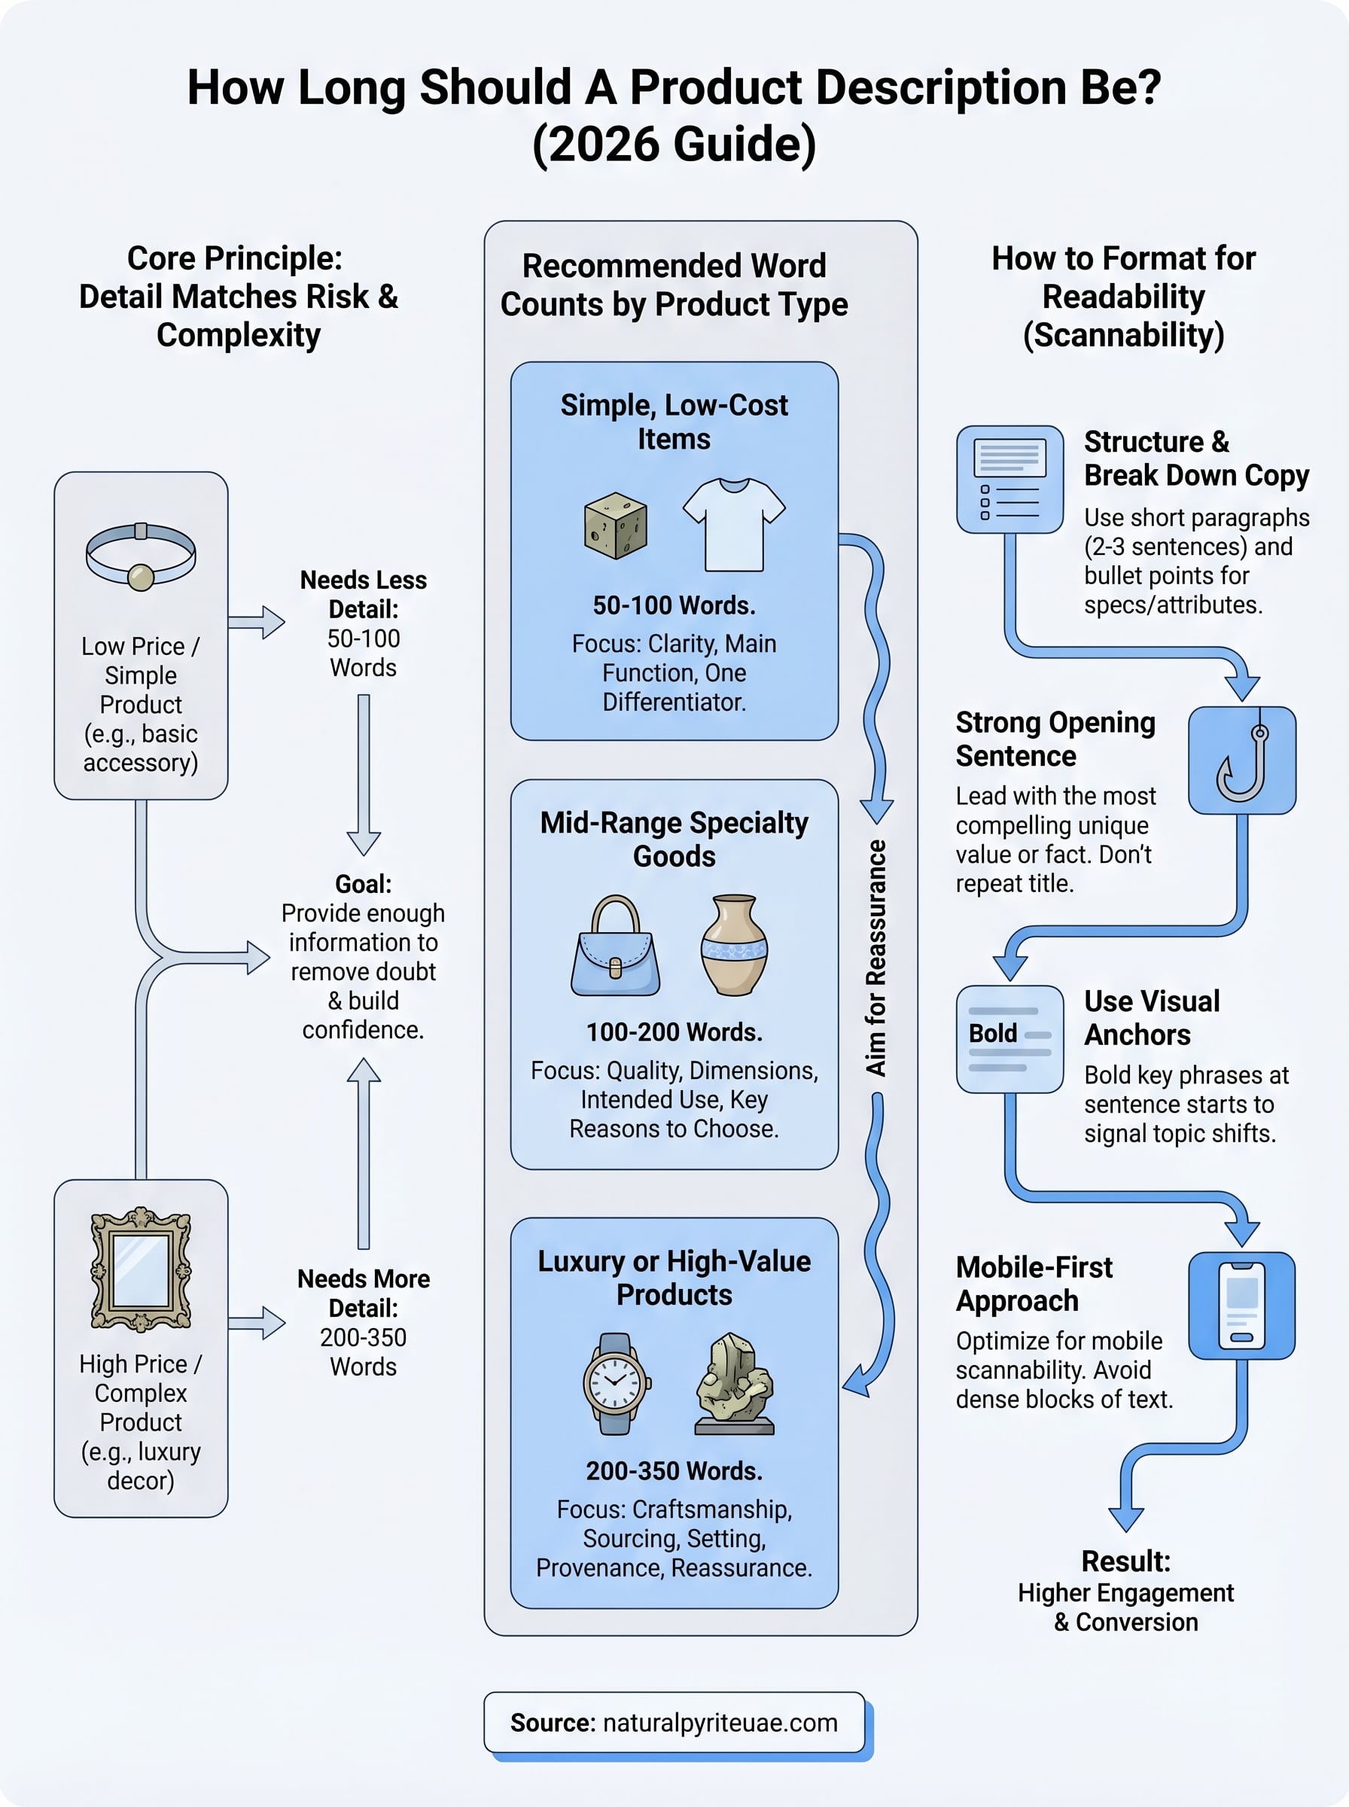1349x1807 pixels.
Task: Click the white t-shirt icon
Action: point(733,525)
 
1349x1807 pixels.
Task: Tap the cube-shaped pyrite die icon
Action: point(616,526)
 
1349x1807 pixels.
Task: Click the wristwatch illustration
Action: point(616,1383)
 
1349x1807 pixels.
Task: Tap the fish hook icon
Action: point(1241,760)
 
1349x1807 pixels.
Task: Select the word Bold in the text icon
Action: point(992,1033)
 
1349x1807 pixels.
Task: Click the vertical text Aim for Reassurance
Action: point(875,957)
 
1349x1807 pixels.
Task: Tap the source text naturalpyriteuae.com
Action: point(720,1722)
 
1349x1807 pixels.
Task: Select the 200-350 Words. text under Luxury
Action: point(674,1470)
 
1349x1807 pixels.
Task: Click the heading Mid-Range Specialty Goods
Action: point(674,839)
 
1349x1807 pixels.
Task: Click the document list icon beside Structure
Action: point(1009,480)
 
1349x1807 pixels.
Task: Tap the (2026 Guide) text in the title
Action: point(674,144)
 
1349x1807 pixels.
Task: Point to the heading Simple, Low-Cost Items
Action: point(674,422)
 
